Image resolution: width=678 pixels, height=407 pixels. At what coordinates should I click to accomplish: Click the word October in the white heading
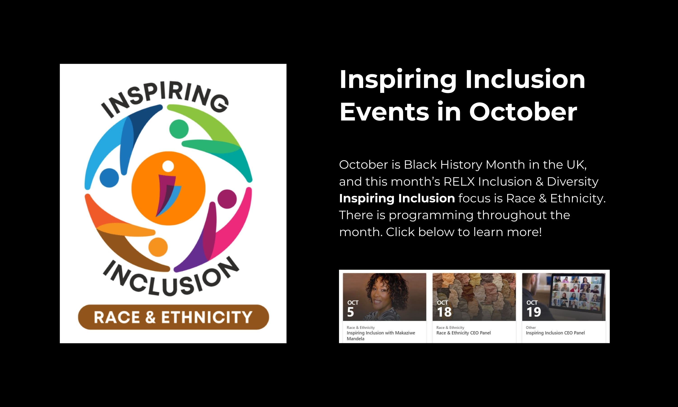tap(523, 112)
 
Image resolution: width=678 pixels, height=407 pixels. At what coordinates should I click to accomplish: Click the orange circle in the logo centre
tap(169, 188)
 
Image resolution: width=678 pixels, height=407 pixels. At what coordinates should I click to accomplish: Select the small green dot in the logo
tap(179, 129)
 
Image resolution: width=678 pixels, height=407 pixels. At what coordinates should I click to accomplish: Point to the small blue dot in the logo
tap(109, 178)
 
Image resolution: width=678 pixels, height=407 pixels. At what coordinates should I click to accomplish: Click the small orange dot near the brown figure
tap(158, 247)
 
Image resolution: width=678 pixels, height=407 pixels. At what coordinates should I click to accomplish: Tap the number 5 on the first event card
tap(351, 312)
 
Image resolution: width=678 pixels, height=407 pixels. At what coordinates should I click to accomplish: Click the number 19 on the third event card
tap(534, 312)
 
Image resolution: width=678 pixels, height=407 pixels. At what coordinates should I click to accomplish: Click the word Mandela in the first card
tap(355, 339)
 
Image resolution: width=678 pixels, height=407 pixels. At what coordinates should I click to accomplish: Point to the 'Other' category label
tap(531, 327)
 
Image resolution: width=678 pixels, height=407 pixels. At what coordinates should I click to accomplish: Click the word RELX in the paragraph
tap(459, 182)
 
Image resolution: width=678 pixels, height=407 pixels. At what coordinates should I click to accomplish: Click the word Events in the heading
tap(384, 112)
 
